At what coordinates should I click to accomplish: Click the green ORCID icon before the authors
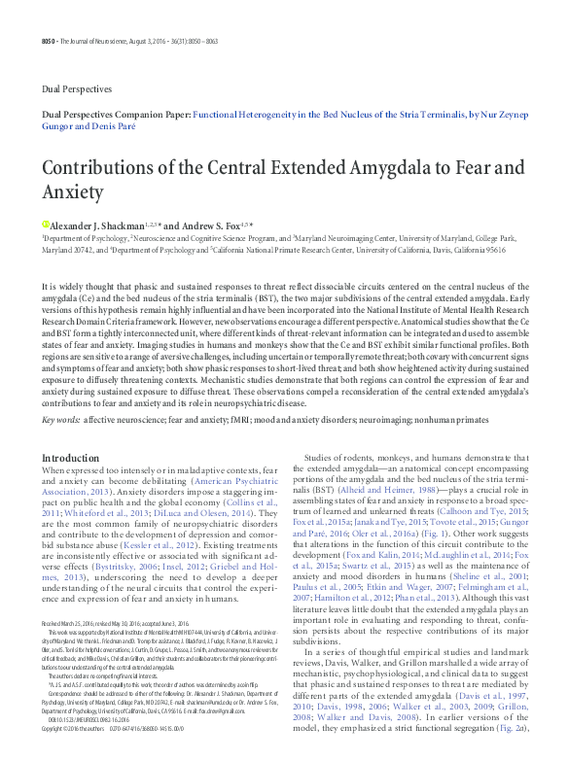45,223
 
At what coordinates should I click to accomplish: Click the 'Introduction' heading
70,457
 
